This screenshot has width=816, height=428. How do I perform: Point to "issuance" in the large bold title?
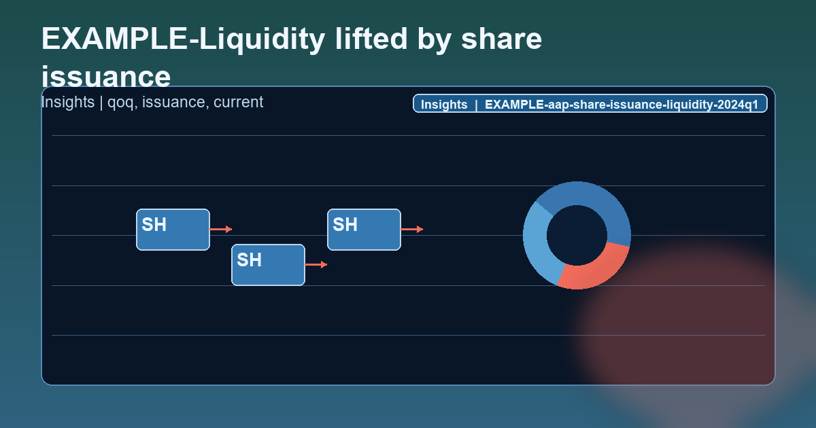[x=106, y=76]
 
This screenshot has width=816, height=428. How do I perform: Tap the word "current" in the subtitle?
[x=238, y=103]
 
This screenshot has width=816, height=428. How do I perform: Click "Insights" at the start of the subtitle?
[x=67, y=103]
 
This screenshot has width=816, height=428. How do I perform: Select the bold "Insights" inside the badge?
[x=444, y=105]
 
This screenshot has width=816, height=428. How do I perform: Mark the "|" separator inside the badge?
[x=476, y=105]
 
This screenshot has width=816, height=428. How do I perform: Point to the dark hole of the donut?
[x=577, y=234]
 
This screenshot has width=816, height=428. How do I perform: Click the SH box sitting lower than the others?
[x=268, y=264]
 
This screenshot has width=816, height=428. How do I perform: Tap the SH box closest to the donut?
[x=364, y=230]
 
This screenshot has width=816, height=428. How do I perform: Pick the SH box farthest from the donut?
[x=173, y=230]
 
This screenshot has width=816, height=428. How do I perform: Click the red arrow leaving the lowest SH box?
[x=316, y=264]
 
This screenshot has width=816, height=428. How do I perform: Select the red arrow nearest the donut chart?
[x=411, y=230]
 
